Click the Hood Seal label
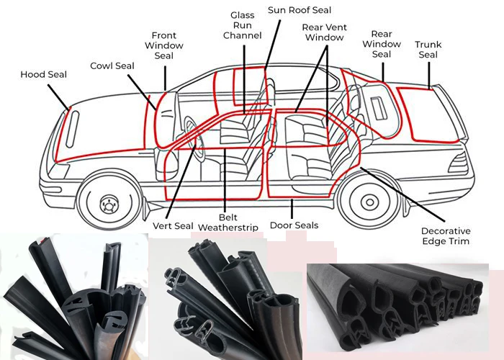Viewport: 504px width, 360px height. point(43,74)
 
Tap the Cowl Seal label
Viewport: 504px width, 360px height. point(112,66)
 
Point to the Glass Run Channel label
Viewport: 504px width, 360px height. point(242,25)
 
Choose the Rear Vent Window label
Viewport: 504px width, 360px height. point(324,32)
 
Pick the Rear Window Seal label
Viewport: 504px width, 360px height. point(381,44)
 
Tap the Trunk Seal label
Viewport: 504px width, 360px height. point(428,50)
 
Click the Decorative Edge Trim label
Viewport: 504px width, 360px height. point(445,235)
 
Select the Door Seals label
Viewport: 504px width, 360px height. point(293,225)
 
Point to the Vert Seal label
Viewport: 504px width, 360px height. point(173,225)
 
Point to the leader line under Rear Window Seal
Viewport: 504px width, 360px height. point(383,70)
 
